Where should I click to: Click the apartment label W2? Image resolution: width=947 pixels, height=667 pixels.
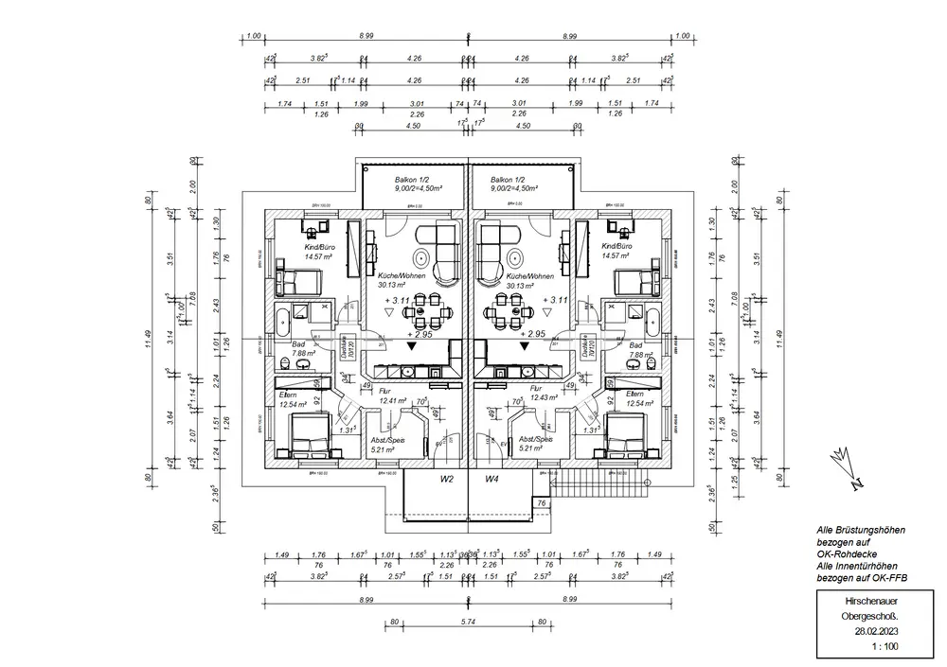point(446,480)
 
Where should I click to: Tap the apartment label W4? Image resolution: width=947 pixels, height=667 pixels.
point(492,480)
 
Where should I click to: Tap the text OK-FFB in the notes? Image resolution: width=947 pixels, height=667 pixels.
point(878,576)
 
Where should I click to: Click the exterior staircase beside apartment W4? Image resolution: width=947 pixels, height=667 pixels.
point(605,487)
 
